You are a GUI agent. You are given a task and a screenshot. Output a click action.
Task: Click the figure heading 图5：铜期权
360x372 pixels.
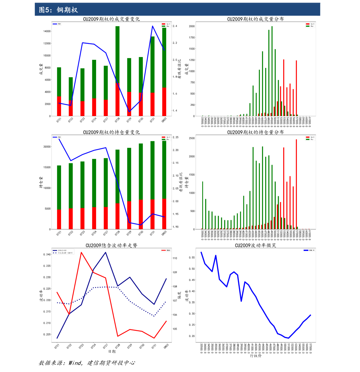[x=58, y=10]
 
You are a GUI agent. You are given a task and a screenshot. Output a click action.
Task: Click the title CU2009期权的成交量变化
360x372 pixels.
[x=111, y=19]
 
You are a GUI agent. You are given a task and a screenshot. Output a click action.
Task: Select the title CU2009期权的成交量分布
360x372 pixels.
[x=255, y=19]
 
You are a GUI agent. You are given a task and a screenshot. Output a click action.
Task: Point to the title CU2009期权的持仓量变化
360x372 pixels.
[x=111, y=132]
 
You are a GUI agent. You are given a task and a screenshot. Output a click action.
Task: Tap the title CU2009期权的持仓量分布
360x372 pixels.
[x=255, y=132]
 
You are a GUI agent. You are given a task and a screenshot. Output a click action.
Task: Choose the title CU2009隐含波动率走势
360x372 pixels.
[x=111, y=245]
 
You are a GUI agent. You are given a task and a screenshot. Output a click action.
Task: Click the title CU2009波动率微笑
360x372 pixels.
[x=255, y=245]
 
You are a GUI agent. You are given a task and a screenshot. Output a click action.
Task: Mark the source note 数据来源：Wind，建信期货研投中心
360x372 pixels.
[x=87, y=363]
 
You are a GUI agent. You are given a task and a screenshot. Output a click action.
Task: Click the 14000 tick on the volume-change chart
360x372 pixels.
[x=47, y=31]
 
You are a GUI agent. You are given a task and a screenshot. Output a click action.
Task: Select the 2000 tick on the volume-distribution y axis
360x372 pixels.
[x=192, y=26]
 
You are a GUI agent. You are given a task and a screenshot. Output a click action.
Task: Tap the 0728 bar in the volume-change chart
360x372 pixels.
[x=117, y=71]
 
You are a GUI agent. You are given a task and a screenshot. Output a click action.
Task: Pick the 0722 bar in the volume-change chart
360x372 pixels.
[x=70, y=97]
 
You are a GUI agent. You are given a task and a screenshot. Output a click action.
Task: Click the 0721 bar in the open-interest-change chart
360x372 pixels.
[x=59, y=197]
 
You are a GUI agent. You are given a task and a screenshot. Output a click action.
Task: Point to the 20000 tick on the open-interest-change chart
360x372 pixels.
[x=47, y=147]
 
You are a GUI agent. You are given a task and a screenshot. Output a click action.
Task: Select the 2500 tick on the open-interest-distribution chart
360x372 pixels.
[x=192, y=138]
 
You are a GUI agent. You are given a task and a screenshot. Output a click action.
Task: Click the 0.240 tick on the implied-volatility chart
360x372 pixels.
[x=47, y=255]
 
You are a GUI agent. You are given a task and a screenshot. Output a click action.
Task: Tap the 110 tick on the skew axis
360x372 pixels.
[x=175, y=258]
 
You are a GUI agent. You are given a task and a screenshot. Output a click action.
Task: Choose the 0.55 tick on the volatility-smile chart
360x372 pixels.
[x=192, y=258]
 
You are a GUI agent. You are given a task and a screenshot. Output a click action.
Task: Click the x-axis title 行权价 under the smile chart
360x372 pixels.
[x=255, y=356]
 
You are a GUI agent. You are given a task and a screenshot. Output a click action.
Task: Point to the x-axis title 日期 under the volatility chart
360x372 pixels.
[x=112, y=351]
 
